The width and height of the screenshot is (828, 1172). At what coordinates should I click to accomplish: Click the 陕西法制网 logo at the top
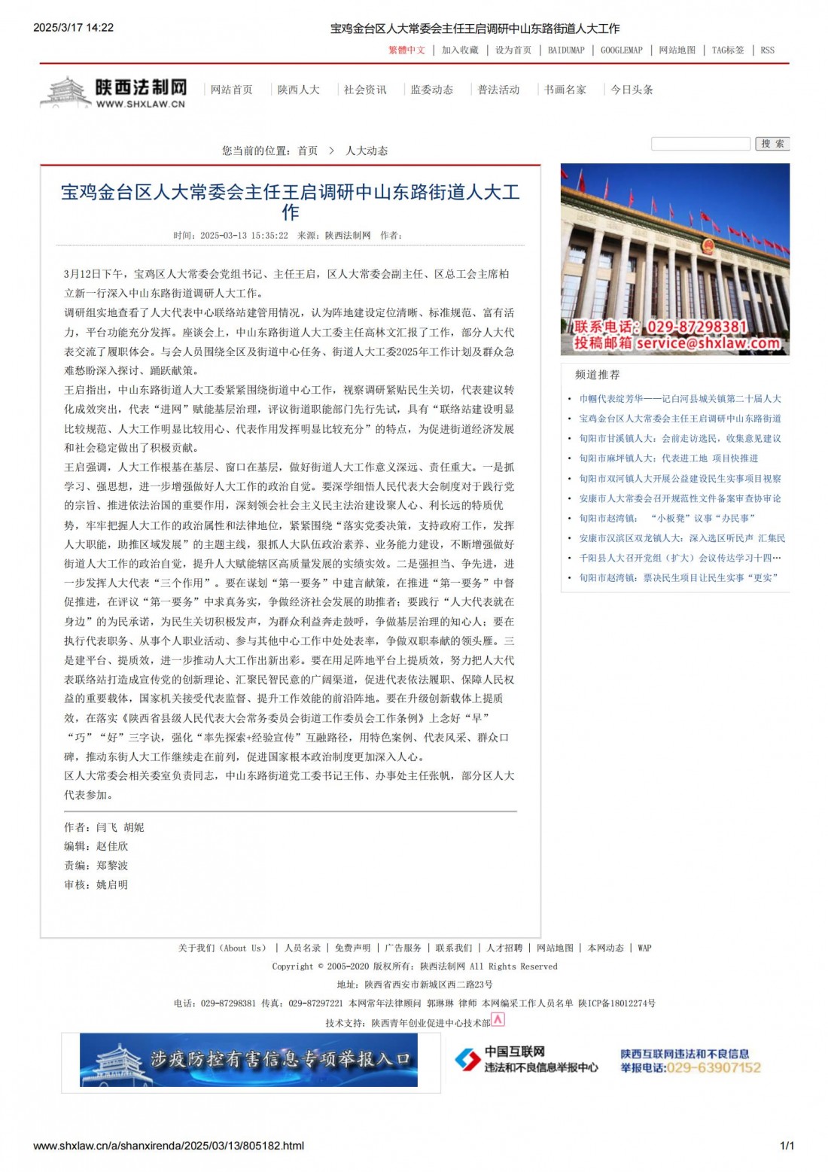[113, 93]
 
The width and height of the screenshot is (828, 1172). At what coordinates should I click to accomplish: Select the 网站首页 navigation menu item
[231, 90]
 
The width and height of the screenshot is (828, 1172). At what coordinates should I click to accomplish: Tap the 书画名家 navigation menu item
[565, 90]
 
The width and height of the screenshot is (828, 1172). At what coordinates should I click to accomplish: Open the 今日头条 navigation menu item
[632, 90]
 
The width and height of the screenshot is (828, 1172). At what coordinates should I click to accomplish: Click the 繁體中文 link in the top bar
[406, 50]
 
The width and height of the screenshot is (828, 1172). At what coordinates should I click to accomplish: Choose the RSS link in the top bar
[767, 50]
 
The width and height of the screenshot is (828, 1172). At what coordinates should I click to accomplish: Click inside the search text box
[700, 144]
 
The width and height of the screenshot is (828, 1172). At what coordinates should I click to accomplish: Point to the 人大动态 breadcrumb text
[367, 151]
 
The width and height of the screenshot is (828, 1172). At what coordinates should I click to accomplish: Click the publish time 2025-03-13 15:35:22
[244, 236]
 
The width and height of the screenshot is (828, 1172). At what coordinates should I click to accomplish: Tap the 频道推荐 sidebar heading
[598, 374]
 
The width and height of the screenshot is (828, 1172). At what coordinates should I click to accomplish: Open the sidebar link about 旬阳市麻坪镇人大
[668, 458]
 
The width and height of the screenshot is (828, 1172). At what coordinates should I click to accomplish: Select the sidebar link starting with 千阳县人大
[680, 558]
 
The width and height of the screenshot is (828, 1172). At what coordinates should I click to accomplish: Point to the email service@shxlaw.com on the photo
[708, 343]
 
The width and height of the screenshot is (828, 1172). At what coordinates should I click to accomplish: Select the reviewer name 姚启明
[112, 885]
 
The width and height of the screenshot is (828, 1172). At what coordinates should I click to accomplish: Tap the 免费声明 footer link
[352, 948]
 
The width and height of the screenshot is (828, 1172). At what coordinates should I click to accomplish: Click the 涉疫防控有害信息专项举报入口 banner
[249, 1060]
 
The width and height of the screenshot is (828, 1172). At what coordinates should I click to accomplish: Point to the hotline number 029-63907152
[714, 1068]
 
